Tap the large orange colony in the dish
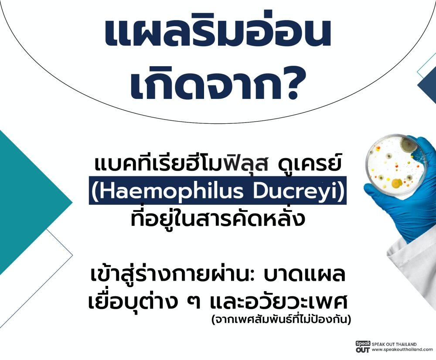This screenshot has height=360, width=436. pyautogui.click(x=396, y=183)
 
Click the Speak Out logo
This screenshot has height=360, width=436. pyautogui.click(x=363, y=347)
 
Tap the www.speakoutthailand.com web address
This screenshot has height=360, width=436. pyautogui.click(x=402, y=350)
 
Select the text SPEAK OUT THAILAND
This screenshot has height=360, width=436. pyautogui.click(x=394, y=344)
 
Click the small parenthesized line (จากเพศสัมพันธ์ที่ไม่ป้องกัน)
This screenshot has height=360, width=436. pyautogui.click(x=281, y=319)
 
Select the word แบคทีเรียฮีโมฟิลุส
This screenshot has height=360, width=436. pyautogui.click(x=181, y=163)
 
